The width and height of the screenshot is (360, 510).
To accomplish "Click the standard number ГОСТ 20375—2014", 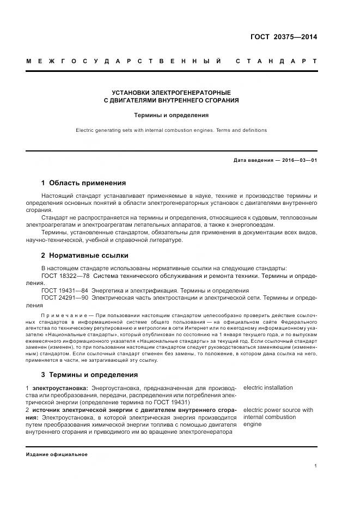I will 283,37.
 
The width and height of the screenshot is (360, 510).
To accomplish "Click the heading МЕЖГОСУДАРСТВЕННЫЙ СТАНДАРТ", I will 171,61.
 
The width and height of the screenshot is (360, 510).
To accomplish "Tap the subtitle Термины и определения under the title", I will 171,115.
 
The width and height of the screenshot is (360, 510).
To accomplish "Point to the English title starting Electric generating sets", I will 171,130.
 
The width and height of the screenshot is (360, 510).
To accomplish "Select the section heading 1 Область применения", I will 83,183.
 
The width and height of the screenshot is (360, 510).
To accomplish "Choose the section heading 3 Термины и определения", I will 89,375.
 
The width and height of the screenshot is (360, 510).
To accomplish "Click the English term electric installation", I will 268,388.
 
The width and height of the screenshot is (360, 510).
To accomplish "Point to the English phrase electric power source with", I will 278,410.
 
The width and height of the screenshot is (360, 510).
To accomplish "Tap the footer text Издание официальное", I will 57,454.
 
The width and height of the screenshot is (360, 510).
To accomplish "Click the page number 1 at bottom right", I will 316,466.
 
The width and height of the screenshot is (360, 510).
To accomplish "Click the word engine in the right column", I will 253,424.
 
